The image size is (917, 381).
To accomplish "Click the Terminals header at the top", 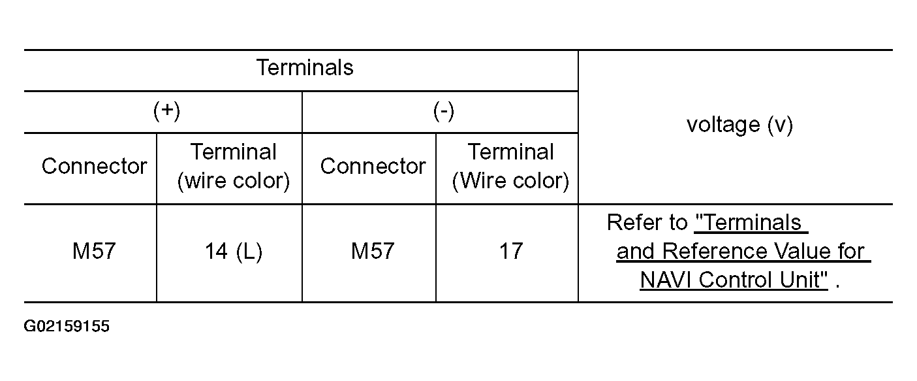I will [x=304, y=68].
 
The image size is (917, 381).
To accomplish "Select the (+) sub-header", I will [x=166, y=111].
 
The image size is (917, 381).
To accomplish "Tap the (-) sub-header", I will [x=443, y=111].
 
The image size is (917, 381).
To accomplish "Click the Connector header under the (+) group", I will [x=94, y=167].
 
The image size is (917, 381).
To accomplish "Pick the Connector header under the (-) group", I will [x=373, y=167].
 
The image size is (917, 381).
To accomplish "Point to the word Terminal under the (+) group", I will [x=233, y=152].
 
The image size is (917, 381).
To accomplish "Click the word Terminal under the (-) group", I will [x=510, y=152].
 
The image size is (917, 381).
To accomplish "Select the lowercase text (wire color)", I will [x=233, y=181].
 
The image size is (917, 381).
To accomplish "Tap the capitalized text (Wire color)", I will [x=510, y=181].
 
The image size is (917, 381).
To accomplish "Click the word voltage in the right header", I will [x=723, y=125].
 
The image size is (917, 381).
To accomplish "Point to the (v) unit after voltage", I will [x=780, y=125].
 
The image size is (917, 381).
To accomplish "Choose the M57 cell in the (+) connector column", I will [x=94, y=252].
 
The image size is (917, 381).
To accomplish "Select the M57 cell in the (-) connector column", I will [x=373, y=252].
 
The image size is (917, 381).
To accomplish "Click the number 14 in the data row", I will [x=215, y=252].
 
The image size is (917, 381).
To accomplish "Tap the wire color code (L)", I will [x=249, y=252].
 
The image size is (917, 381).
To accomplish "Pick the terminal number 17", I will [x=510, y=252].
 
